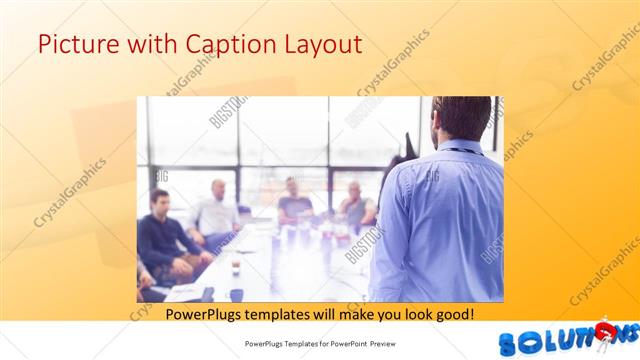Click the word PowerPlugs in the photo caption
tap(177, 314)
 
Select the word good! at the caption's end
tap(454, 314)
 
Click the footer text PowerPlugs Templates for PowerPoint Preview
tap(319, 342)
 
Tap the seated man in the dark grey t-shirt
tap(294, 204)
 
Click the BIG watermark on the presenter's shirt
tap(433, 177)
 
